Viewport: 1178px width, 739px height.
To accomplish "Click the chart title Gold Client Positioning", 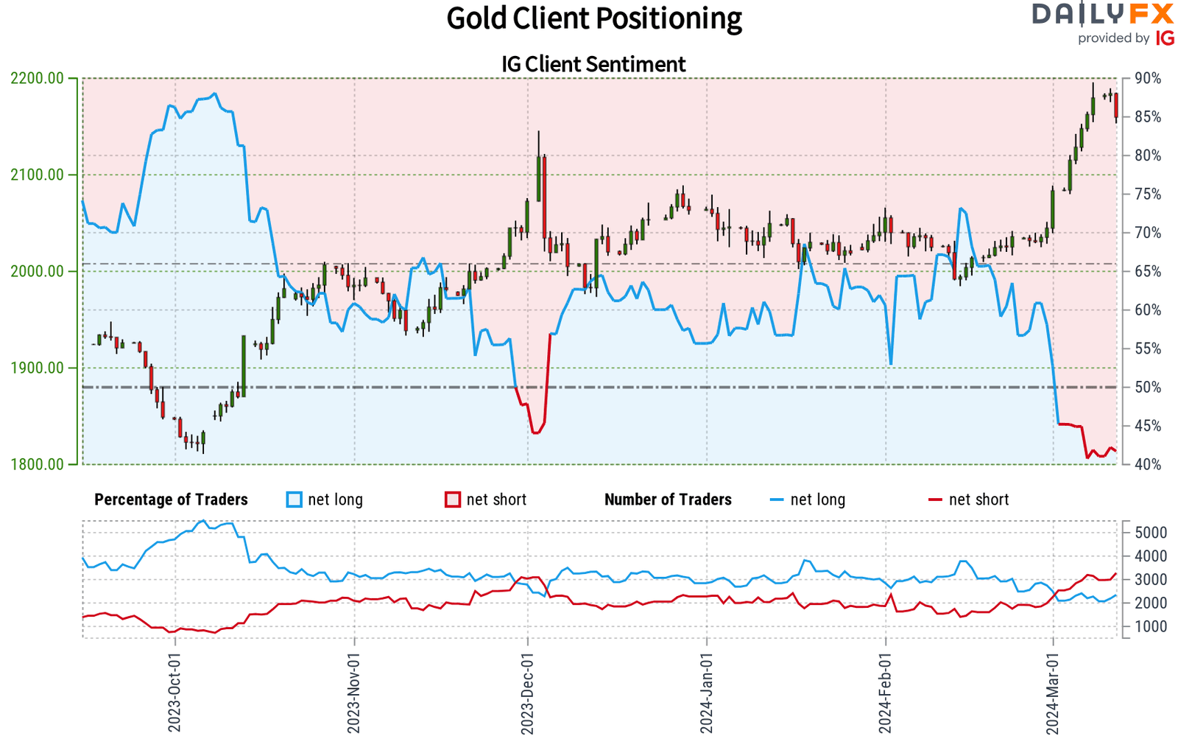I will [593, 19].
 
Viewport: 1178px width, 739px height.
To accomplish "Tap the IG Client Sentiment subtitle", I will [593, 65].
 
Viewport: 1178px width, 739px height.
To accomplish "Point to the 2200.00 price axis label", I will [38, 78].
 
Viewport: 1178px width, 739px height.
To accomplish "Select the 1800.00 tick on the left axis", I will [38, 464].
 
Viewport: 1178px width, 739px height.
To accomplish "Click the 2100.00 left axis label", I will [38, 175].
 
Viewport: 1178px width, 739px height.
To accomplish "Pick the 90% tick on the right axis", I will [1148, 78].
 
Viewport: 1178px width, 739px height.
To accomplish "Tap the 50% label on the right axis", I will [1148, 387].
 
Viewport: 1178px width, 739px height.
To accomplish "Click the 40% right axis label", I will [1148, 464].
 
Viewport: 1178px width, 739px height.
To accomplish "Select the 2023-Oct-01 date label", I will [174, 693].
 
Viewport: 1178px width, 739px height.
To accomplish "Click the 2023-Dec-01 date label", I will [527, 693].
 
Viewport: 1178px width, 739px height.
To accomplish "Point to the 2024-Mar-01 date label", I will [1054, 693].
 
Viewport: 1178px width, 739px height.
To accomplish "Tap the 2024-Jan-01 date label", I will [707, 693].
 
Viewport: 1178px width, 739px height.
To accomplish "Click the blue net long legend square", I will [294, 500].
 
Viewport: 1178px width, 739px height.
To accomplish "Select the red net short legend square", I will [453, 500].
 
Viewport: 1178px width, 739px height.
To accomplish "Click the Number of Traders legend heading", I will [668, 500].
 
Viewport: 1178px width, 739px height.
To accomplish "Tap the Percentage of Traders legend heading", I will [171, 500].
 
